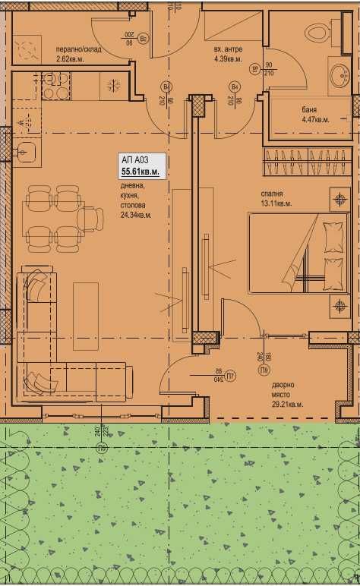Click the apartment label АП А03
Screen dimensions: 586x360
134,160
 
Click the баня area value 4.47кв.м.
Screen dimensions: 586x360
316,119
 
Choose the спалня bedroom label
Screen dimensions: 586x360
271,194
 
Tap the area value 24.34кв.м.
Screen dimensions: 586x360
136,215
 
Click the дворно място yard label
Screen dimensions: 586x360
288,389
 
